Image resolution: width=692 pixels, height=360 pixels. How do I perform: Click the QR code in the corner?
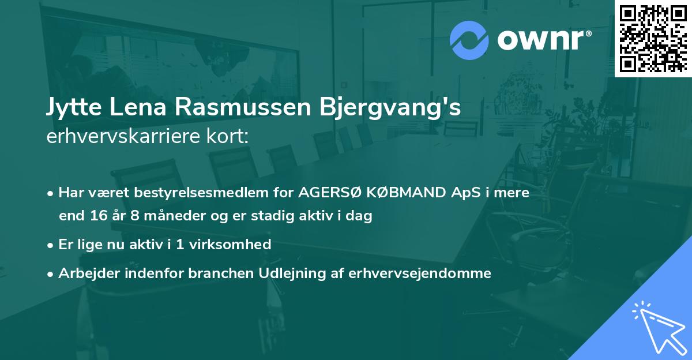(x=652, y=38)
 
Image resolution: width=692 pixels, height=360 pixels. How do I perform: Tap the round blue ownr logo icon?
(x=469, y=40)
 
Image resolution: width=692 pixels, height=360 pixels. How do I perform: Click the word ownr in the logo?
(x=544, y=40)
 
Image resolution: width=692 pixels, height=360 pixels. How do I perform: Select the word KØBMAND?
(x=411, y=193)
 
